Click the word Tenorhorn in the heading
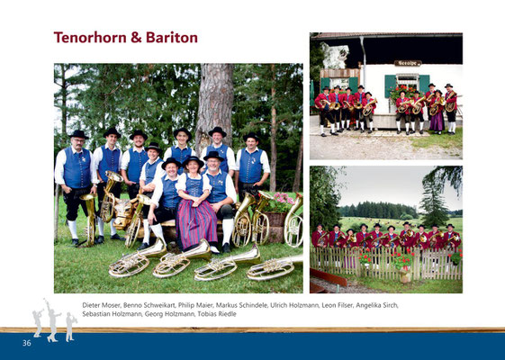90,38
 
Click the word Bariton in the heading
172,38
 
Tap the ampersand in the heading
136,38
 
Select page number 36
27,343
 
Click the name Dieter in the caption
92,305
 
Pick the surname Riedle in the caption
227,313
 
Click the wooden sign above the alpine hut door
408,63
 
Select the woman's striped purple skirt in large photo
196,222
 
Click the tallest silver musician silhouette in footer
51,320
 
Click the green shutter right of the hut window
424,85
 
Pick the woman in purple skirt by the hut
437,111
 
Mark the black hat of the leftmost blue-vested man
78,134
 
